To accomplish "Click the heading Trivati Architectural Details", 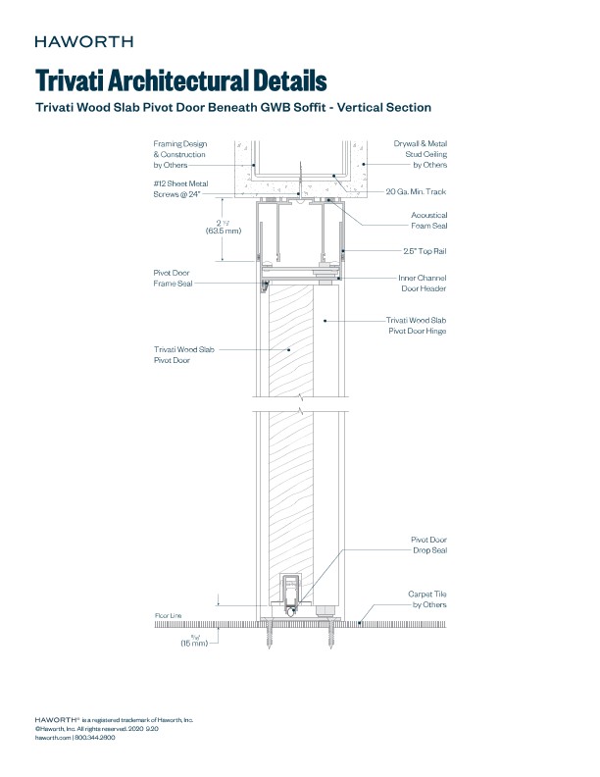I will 180,79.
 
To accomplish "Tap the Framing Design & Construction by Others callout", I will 179,154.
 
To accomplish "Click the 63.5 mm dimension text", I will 220,232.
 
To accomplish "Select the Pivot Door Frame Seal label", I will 173,278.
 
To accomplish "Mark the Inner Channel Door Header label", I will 423,283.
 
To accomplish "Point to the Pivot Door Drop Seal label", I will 428,545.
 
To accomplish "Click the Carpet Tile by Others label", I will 427,599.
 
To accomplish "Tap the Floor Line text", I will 169,615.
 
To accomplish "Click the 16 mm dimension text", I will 194,643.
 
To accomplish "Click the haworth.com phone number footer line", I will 75,737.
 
